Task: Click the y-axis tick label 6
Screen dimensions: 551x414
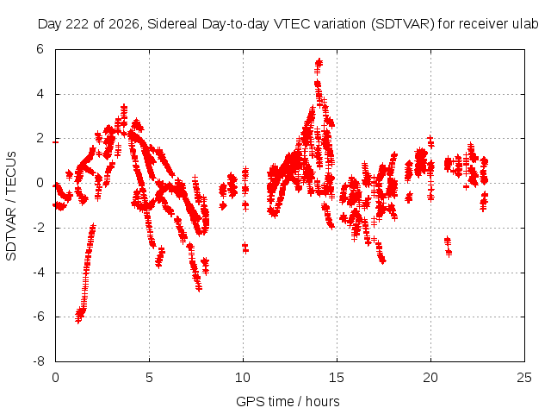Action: click(40, 49)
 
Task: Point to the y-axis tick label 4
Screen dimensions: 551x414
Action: click(40, 94)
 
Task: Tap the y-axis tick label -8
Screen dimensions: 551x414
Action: click(39, 361)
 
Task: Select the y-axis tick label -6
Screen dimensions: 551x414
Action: click(39, 317)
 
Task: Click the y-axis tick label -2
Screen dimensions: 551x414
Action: click(39, 228)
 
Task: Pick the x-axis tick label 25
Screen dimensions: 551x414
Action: click(524, 378)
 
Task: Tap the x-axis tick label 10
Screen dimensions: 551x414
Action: click(243, 378)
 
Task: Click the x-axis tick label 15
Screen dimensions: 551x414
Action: click(337, 378)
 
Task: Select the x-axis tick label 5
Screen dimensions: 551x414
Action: click(149, 378)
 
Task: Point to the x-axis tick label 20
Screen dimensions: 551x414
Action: click(430, 378)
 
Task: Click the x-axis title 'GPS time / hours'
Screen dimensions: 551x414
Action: click(288, 401)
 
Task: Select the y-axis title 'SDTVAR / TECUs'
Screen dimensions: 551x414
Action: click(11, 206)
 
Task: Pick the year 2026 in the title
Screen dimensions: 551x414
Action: click(124, 24)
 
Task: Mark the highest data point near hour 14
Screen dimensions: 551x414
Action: click(319, 61)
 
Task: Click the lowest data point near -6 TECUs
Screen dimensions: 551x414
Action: click(78, 320)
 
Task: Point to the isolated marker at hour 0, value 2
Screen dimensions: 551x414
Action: click(55, 141)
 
